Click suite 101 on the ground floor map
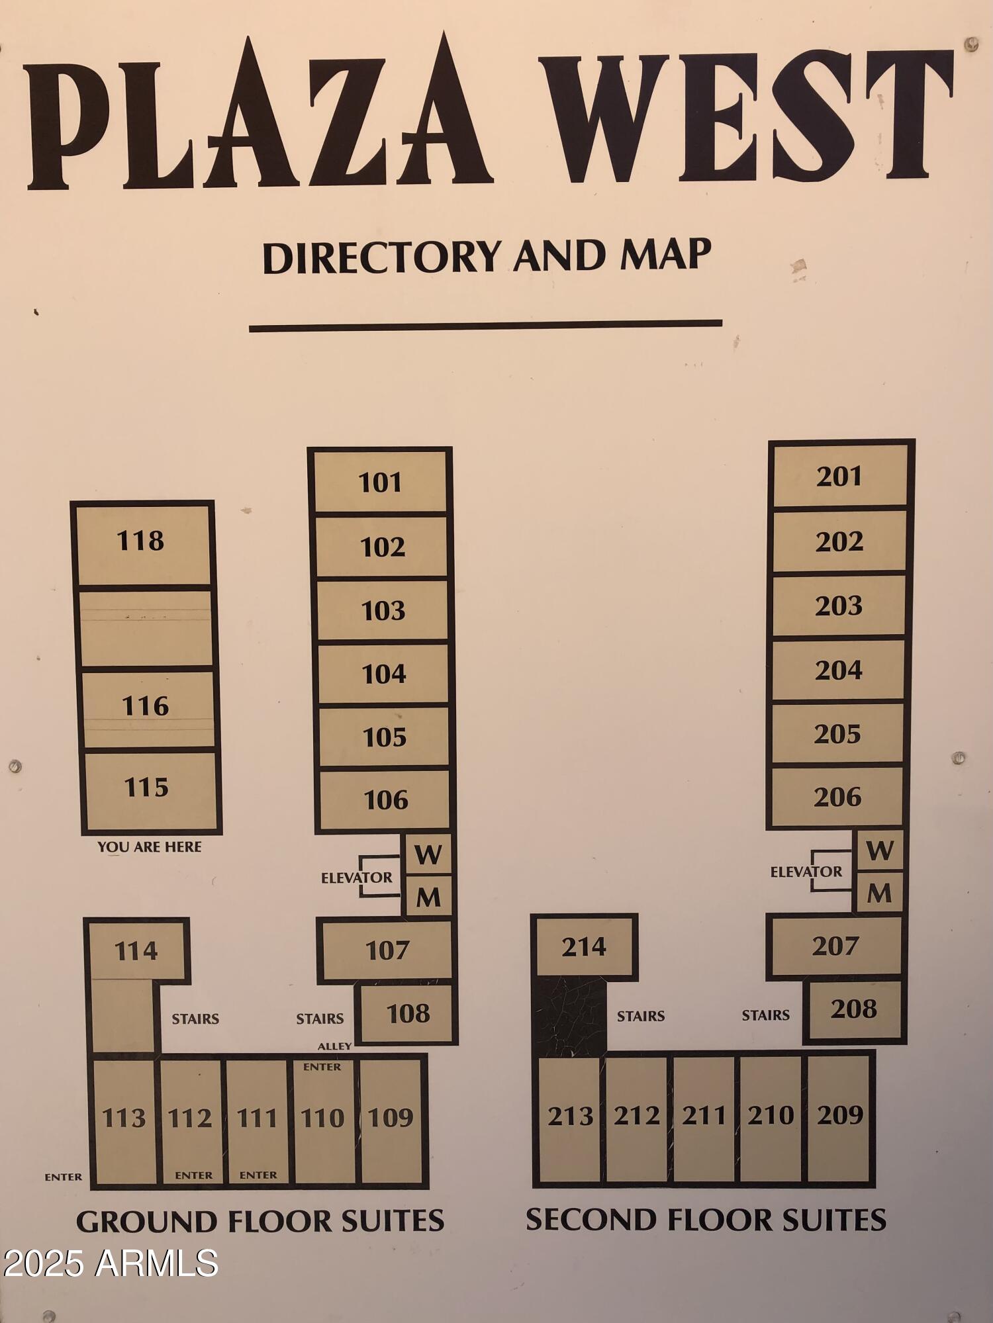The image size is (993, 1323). (380, 482)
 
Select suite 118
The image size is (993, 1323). (141, 542)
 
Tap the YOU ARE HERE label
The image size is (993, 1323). (149, 846)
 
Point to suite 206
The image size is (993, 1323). (837, 797)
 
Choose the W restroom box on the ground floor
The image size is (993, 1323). (428, 854)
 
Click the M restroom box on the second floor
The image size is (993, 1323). (879, 893)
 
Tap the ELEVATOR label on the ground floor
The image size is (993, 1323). (356, 878)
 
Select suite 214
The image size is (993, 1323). (583, 946)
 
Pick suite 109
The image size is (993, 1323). (391, 1118)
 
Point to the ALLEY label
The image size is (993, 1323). (334, 1046)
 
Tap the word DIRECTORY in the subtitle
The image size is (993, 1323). (381, 257)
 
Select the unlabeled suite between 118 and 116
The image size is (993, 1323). (146, 627)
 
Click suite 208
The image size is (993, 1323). (854, 1009)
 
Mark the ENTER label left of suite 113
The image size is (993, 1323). (64, 1177)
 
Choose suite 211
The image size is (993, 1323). (704, 1116)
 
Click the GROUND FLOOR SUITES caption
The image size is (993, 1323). (260, 1222)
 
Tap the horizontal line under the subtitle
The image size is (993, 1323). (485, 325)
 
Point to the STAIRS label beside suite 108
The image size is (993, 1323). (320, 1019)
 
